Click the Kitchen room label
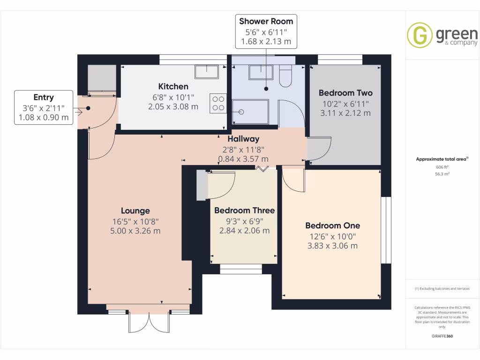pyautogui.click(x=173, y=87)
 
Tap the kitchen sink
pyautogui.click(x=207, y=72)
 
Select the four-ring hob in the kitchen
pyautogui.click(x=218, y=103)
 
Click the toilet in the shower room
pyautogui.click(x=285, y=76)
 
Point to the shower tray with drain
pyautogui.click(x=250, y=112)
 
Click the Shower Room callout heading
pyautogui.click(x=266, y=21)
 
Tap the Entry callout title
pyautogui.click(x=44, y=97)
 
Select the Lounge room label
pyautogui.click(x=135, y=211)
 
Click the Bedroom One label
pyautogui.click(x=332, y=225)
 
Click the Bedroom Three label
pyautogui.click(x=244, y=210)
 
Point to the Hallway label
pyautogui.click(x=243, y=139)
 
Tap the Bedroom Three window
pyautogui.click(x=241, y=269)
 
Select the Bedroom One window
pyautogui.click(x=386, y=230)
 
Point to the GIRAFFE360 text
pyautogui.click(x=442, y=336)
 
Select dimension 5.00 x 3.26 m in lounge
pyautogui.click(x=135, y=231)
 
